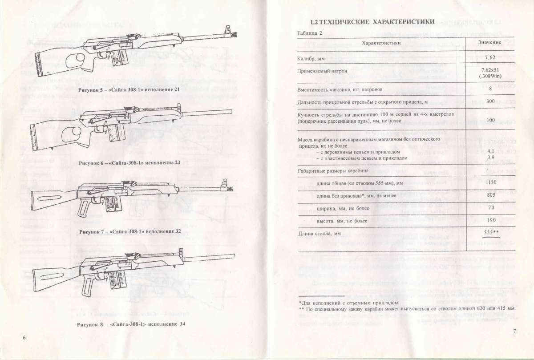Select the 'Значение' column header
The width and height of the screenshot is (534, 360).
(x=490, y=43)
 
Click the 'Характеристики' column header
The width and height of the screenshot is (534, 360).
(x=381, y=43)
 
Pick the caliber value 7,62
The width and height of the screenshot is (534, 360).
(x=490, y=58)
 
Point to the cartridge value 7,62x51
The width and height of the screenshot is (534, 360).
(x=490, y=70)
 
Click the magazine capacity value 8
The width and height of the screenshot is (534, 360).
(x=490, y=89)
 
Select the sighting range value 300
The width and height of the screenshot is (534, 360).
(x=490, y=102)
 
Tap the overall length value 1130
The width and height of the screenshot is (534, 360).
(x=490, y=182)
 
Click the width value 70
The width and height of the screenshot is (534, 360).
(x=490, y=207)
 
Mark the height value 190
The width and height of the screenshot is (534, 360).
(x=490, y=220)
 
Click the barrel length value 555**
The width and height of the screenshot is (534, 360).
(x=491, y=233)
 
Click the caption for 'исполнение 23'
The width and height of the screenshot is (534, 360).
(x=129, y=162)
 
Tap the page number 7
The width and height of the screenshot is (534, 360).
(x=514, y=331)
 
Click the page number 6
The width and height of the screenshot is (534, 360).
(x=24, y=338)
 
